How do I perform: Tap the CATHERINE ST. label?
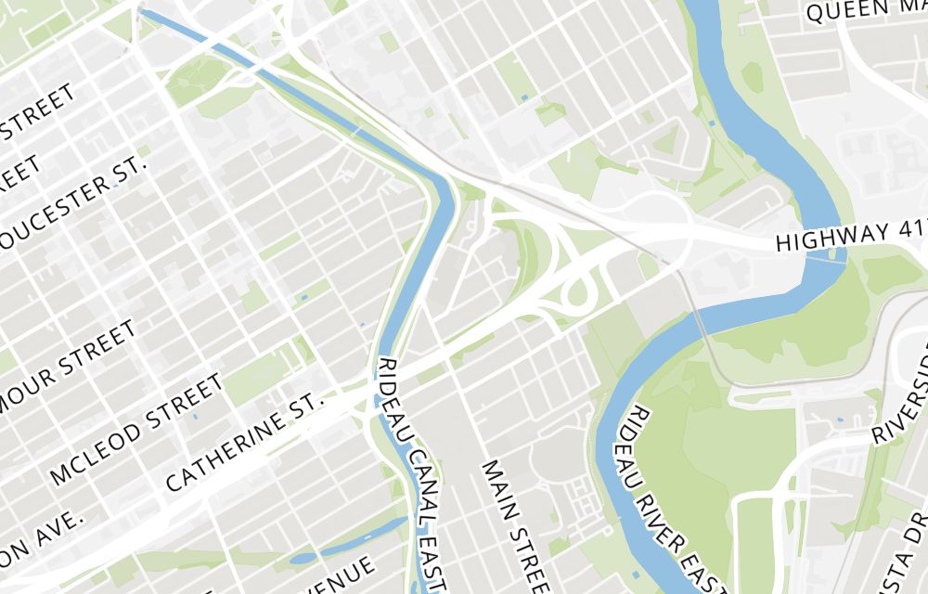pos(248,441)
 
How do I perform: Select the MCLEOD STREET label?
pos(136,430)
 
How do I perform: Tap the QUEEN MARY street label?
pos(867,10)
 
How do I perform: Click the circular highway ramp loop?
pos(580,294)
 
